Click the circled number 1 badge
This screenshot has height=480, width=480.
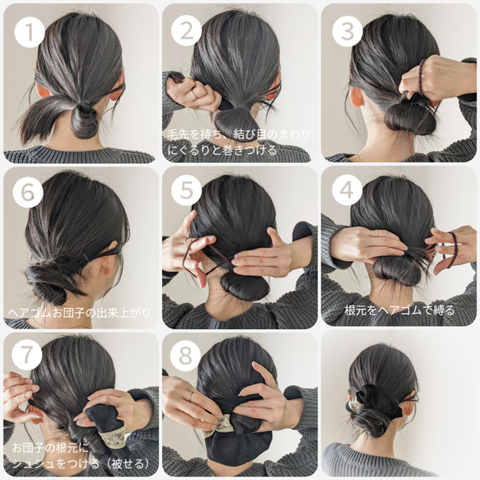pyautogui.click(x=30, y=32)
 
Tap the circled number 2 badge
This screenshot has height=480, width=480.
pyautogui.click(x=186, y=31)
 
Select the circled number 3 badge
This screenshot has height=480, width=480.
pyautogui.click(x=347, y=31)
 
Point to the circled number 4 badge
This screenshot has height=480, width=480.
pyautogui.click(x=347, y=190)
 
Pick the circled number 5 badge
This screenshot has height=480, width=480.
pyautogui.click(x=186, y=190)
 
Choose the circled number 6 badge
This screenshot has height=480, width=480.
pyautogui.click(x=28, y=193)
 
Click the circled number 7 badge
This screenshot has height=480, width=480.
pyautogui.click(x=26, y=355)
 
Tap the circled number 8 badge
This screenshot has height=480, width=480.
pyautogui.click(x=185, y=356)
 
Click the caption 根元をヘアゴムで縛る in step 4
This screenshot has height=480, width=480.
pyautogui.click(x=399, y=310)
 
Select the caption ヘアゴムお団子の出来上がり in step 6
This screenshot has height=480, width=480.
pyautogui.click(x=79, y=313)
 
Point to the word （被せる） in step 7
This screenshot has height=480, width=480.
pyautogui.click(x=127, y=464)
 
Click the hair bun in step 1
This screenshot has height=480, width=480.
pyautogui.click(x=84, y=120)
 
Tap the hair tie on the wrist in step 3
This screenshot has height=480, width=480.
pyautogui.click(x=422, y=77)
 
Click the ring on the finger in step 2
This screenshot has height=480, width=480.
pyautogui.click(x=193, y=95)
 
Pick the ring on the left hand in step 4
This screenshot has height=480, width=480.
pyautogui.click(x=377, y=233)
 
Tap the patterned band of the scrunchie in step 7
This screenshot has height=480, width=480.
pyautogui.click(x=110, y=440)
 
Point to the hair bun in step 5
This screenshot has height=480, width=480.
pyautogui.click(x=244, y=285)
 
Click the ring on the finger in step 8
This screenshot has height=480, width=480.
pyautogui.click(x=191, y=396)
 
